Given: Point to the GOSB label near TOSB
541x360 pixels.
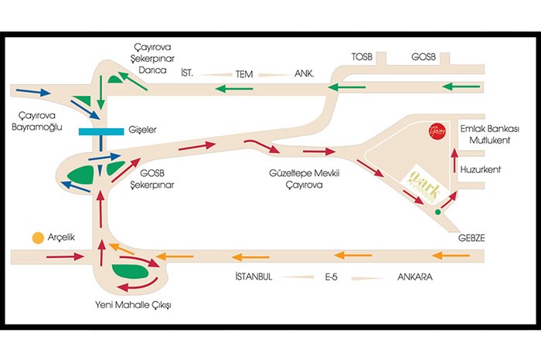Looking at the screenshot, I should pos(424,57).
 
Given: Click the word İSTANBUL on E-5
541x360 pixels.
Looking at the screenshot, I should pos(249,277).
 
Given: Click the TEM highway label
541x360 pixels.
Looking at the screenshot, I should pos(245,74).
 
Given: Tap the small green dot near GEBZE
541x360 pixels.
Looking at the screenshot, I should pos(438,211).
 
